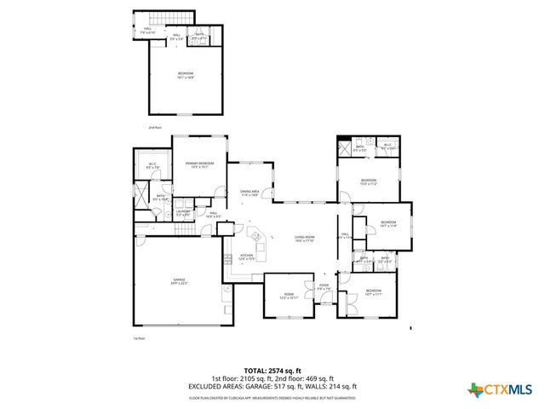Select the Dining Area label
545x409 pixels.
pyautogui.click(x=250, y=193)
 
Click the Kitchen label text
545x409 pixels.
pyautogui.click(x=246, y=256)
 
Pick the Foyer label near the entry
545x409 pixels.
pyautogui.click(x=324, y=287)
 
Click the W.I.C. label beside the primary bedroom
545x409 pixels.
pyautogui.click(x=153, y=166)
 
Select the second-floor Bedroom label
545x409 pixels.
pyautogui.click(x=186, y=76)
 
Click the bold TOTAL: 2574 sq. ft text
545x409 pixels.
pyautogui.click(x=272, y=371)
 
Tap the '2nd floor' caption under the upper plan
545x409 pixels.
pyautogui.click(x=155, y=127)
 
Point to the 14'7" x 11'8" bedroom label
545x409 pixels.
pyautogui.click(x=387, y=225)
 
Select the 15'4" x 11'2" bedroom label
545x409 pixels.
pyautogui.click(x=368, y=181)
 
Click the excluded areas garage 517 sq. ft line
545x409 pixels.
pyautogui.click(x=272, y=386)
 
